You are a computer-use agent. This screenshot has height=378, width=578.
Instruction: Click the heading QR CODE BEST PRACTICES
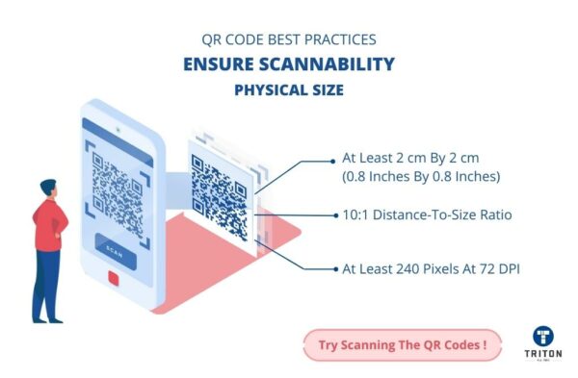[x=288, y=41]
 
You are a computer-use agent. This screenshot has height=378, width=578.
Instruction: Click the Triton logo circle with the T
[x=542, y=337]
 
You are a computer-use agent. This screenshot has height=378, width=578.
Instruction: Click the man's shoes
[x=49, y=318]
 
